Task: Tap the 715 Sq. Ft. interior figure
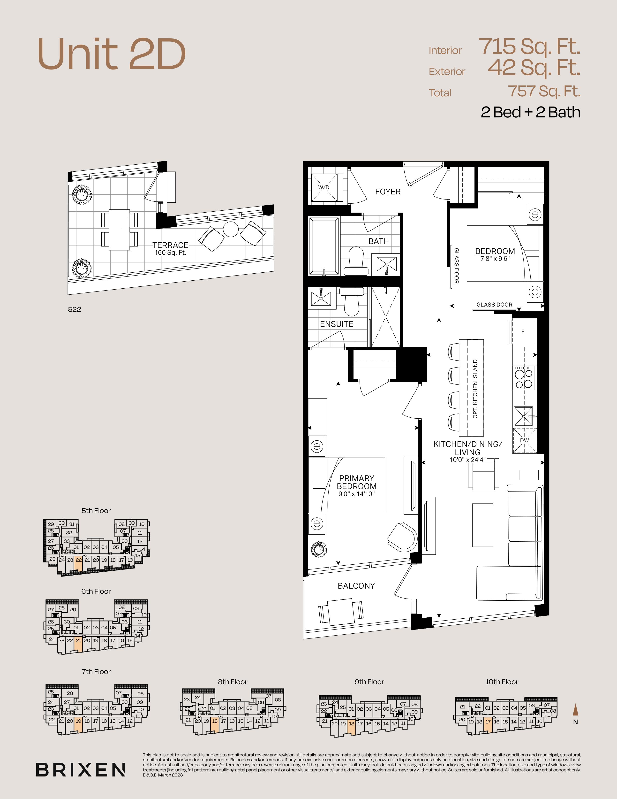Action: pyautogui.click(x=529, y=47)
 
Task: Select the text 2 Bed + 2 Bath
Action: pyautogui.click(x=530, y=112)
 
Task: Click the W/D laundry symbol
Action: pyautogui.click(x=324, y=188)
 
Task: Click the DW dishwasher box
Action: pyautogui.click(x=525, y=440)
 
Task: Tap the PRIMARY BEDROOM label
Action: pyautogui.click(x=357, y=482)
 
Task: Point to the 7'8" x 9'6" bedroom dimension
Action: pyautogui.click(x=495, y=259)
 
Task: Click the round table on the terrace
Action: pyautogui.click(x=231, y=229)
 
